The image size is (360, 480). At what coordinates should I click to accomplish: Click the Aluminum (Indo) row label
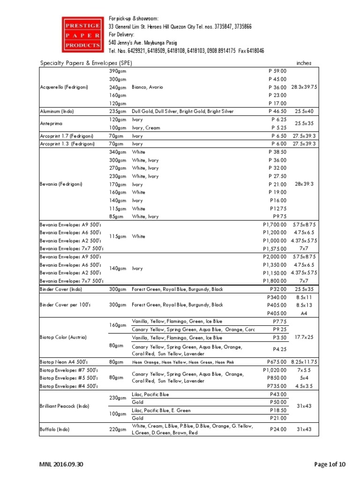pos(57,112)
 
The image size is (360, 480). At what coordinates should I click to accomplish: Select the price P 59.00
pos(277,71)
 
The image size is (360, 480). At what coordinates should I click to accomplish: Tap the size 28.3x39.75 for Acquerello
pos(304,87)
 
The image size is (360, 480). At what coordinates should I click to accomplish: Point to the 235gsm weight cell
pos(117,112)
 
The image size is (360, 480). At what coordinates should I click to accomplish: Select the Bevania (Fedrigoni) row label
pos(61,184)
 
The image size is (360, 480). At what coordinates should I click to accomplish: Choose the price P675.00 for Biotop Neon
pos(277,362)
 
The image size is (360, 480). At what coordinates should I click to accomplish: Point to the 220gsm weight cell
pos(117,429)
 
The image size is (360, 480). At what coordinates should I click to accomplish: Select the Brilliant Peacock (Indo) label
pos(64,406)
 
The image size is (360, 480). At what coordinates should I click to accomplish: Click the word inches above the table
pos(304,63)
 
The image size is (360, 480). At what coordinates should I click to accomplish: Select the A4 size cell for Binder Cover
pos(304,313)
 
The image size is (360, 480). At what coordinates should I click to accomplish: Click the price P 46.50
pos(277,112)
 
